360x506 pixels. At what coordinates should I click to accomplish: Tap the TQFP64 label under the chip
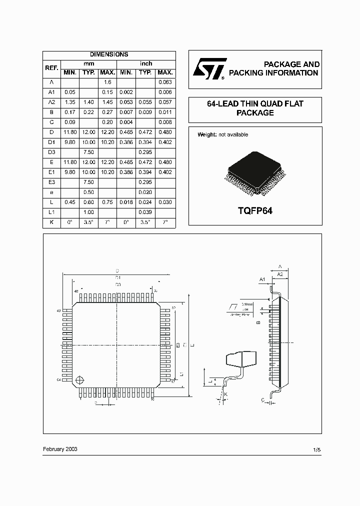pyautogui.click(x=254, y=211)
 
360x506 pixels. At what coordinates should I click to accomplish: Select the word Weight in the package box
pyautogui.click(x=206, y=134)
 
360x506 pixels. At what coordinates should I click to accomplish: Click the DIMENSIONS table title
pyautogui.click(x=109, y=54)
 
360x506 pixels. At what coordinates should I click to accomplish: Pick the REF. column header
pyautogui.click(x=51, y=68)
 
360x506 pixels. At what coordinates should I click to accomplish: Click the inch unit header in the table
pyautogui.click(x=146, y=63)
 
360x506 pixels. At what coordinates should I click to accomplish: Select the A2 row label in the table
pyautogui.click(x=51, y=102)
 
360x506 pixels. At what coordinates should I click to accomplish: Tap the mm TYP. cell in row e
pyautogui.click(x=88, y=192)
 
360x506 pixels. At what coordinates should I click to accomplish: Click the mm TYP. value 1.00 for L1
pyautogui.click(x=88, y=212)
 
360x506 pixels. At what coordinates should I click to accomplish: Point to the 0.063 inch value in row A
pyautogui.click(x=165, y=82)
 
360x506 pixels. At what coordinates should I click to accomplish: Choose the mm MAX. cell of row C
pyautogui.click(x=107, y=122)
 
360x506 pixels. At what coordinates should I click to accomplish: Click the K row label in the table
pyautogui.click(x=51, y=222)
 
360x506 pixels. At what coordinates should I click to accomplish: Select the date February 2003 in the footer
pyautogui.click(x=60, y=449)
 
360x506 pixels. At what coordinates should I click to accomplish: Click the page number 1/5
pyautogui.click(x=316, y=450)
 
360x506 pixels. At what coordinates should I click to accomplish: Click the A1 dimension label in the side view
pyautogui.click(x=262, y=279)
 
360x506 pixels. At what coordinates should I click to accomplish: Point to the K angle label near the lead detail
pyautogui.click(x=225, y=395)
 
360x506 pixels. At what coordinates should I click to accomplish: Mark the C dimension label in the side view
pyautogui.click(x=262, y=400)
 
